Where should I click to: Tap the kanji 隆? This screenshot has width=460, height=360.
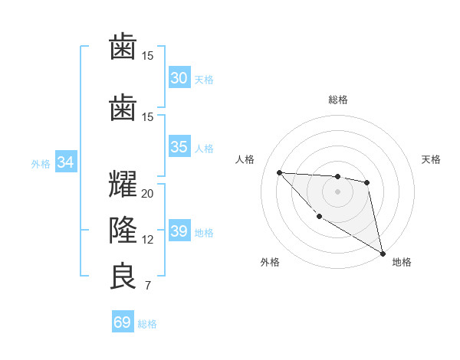[123, 231]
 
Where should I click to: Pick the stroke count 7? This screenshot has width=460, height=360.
[147, 286]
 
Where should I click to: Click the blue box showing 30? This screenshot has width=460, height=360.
[179, 78]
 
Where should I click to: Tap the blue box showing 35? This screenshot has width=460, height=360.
[179, 148]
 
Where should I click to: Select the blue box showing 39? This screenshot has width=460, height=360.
[179, 232]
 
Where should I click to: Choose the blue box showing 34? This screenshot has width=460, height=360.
[66, 162]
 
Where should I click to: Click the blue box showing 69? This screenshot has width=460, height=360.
[123, 322]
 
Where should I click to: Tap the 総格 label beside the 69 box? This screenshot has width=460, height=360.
[147, 324]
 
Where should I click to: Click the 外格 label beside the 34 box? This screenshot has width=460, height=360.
[40, 164]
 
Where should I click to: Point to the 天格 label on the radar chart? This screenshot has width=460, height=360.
[431, 159]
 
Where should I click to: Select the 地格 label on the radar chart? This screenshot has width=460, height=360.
[402, 262]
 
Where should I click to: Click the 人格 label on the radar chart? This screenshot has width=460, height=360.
[245, 159]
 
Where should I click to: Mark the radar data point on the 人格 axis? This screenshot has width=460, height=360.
[279, 172]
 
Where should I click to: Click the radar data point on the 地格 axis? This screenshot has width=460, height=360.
[383, 254]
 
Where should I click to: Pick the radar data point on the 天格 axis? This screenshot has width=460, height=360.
[367, 182]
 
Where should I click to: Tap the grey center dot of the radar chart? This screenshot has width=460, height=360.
[337, 191]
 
